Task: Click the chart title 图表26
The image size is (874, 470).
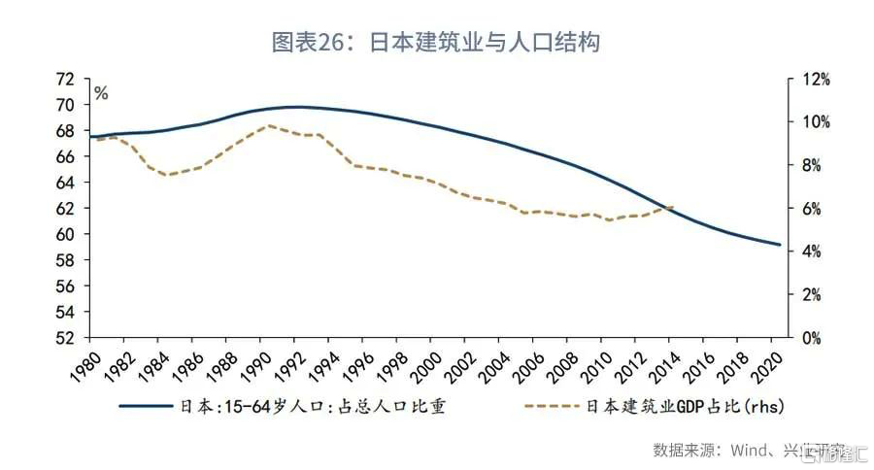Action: coord(438,43)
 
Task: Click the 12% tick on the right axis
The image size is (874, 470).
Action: coord(815,79)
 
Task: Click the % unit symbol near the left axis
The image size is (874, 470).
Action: coord(101,94)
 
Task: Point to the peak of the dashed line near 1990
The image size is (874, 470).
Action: coord(269,125)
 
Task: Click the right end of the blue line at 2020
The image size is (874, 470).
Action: coord(780,245)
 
